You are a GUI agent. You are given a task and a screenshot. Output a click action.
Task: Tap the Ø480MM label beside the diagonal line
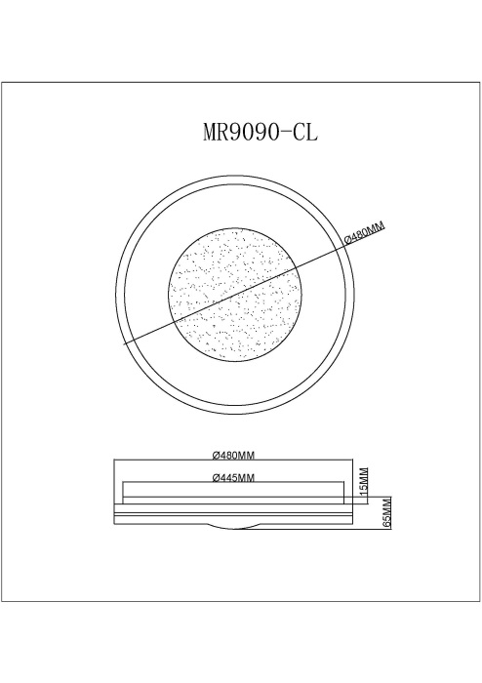pyautogui.click(x=364, y=233)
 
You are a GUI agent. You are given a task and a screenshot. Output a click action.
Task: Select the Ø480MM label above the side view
pyautogui.click(x=233, y=456)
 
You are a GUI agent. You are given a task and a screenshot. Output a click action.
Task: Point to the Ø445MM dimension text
pyautogui.click(x=233, y=478)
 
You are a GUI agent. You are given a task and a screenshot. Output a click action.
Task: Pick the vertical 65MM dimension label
pyautogui.click(x=387, y=513)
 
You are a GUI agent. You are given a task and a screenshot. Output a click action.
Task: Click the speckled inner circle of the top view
pyautogui.click(x=235, y=296)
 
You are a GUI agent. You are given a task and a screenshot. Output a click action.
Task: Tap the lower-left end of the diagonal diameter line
pyautogui.click(x=125, y=344)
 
